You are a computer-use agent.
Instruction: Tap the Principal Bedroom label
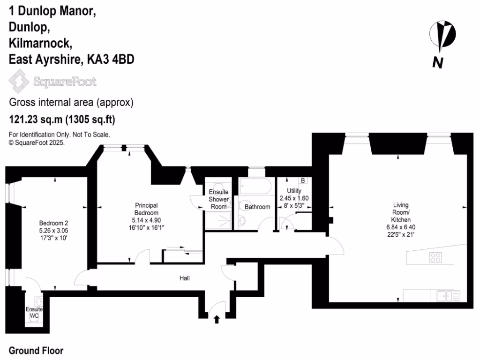tap(146, 209)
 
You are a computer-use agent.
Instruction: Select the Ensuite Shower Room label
tap(218, 199)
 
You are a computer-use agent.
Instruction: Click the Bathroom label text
tap(257, 207)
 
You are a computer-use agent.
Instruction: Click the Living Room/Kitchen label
tap(401, 212)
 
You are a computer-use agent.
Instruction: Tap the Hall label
tap(185, 278)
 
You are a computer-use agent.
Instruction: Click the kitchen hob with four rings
tap(436, 257)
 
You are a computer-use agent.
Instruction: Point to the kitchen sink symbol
tap(448, 295)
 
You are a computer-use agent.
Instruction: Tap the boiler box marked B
tap(303, 180)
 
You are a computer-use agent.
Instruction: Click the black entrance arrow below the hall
tap(217, 320)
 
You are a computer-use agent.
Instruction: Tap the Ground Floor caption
tap(36, 351)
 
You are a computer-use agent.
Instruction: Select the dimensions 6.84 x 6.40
tap(401, 227)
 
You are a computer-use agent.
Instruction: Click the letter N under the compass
tap(438, 62)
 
